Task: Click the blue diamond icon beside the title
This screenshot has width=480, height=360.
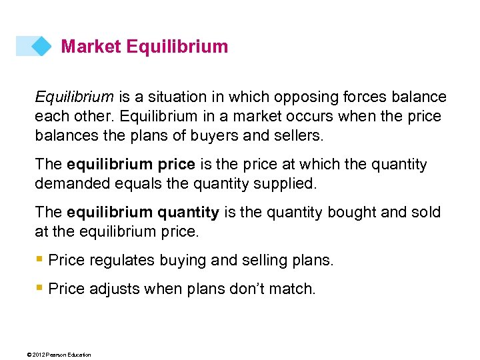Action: pyautogui.click(x=41, y=46)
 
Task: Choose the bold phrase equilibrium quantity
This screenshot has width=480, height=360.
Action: pyautogui.click(x=143, y=213)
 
